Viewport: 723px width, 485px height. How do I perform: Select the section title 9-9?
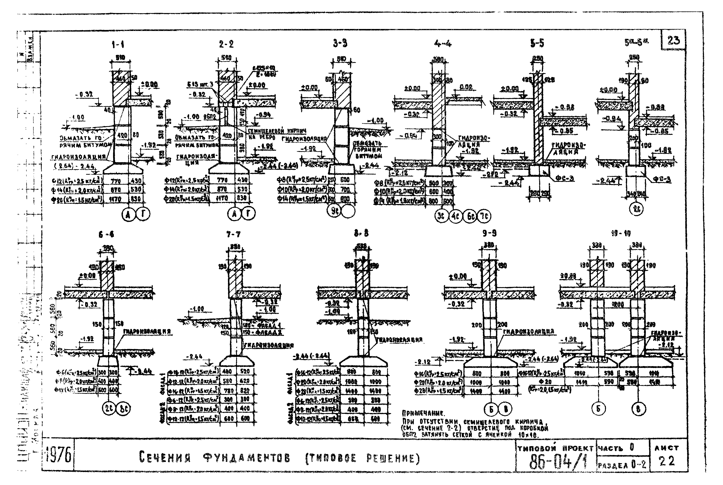click(489, 234)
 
